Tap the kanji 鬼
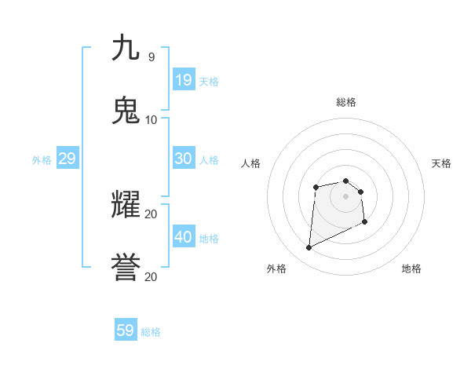pos(126,111)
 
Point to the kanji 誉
pos(126,268)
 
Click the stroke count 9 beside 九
pos(151,57)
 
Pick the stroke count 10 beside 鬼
pos(151,119)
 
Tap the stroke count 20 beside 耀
pos(151,214)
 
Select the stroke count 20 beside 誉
pos(151,276)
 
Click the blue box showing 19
pos(184,79)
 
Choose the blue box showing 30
pos(184,159)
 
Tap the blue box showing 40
pos(184,237)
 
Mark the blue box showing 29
pos(68,159)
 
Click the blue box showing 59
pos(126,331)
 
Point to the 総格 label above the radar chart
pos(346,102)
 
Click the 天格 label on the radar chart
pos(441,163)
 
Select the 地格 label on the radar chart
pos(411,269)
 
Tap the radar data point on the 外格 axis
pos(309,248)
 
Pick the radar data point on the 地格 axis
pos(365,223)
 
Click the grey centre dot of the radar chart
pos(345,195)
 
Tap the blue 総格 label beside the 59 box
pos(151,332)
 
